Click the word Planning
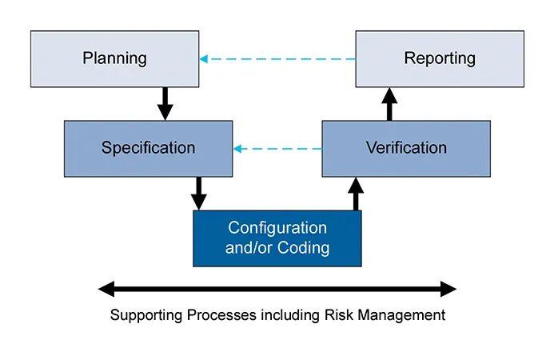(x=114, y=58)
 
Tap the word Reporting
(x=440, y=58)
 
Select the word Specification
(x=148, y=148)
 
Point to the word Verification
(x=406, y=148)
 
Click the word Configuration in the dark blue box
(x=277, y=228)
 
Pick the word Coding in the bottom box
(x=303, y=247)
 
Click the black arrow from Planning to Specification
(x=165, y=104)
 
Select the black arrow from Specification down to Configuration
(x=198, y=194)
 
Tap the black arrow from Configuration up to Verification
(x=356, y=194)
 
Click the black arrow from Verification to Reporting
(x=389, y=104)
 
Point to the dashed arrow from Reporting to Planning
(x=277, y=58)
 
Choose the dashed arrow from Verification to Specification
(x=277, y=149)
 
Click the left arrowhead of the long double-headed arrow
(x=106, y=289)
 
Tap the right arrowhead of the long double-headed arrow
(x=448, y=289)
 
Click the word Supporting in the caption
(x=146, y=315)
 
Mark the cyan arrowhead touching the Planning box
(x=204, y=58)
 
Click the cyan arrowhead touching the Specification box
(x=237, y=149)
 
